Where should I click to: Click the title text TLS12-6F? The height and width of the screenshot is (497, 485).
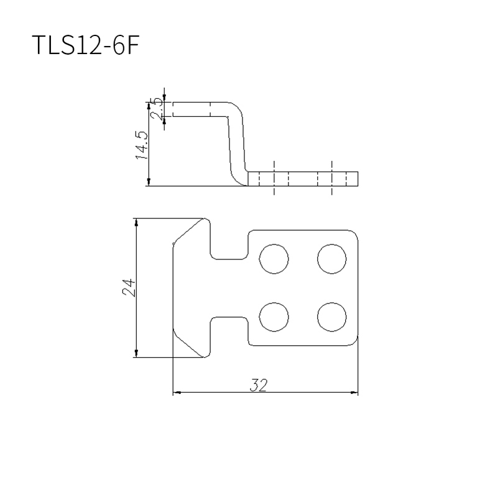86,45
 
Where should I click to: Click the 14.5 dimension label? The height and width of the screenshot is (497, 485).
142,145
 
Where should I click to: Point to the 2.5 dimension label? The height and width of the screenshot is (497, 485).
157,109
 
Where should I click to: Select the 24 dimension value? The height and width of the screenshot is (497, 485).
129,288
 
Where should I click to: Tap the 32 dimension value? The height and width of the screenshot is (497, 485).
259,385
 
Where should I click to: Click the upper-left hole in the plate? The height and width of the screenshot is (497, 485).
274,259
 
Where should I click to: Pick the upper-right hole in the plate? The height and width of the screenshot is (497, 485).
331,259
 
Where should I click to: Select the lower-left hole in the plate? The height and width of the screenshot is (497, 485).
274,317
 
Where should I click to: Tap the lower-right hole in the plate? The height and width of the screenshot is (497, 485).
331,317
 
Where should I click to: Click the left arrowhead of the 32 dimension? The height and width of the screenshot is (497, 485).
177,392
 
